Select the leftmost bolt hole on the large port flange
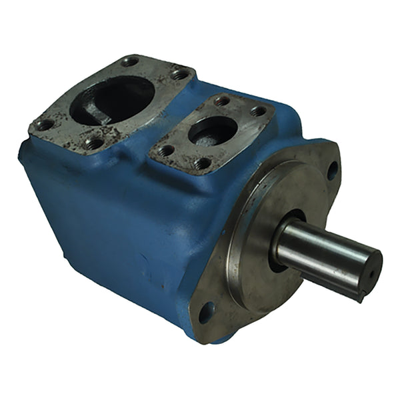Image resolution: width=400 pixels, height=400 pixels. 45,124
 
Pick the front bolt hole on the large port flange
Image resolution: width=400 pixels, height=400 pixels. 95,142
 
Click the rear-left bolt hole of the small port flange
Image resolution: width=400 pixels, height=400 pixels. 222,101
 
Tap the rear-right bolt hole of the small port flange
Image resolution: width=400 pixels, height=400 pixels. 257,111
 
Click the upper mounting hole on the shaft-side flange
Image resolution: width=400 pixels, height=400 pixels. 331,170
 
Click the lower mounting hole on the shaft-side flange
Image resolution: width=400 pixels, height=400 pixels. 207,311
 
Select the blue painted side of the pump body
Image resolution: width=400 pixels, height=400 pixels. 113,220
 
